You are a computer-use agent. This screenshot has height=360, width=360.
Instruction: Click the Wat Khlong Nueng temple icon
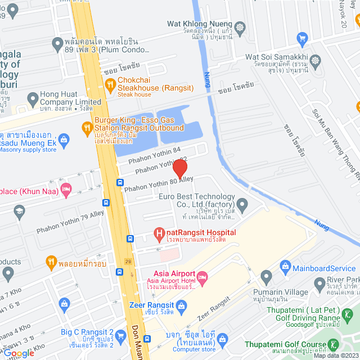point(240,26)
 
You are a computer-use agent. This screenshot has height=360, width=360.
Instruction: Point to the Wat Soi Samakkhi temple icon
point(315,60)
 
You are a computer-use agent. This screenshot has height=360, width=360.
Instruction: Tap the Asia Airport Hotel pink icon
point(202,277)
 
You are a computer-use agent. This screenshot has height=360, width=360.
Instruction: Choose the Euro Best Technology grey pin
point(242,204)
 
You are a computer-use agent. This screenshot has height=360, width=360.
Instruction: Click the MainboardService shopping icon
point(285,264)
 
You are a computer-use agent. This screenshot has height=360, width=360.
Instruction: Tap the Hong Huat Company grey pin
point(32,100)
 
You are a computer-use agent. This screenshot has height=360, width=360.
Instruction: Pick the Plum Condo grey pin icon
point(57,43)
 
